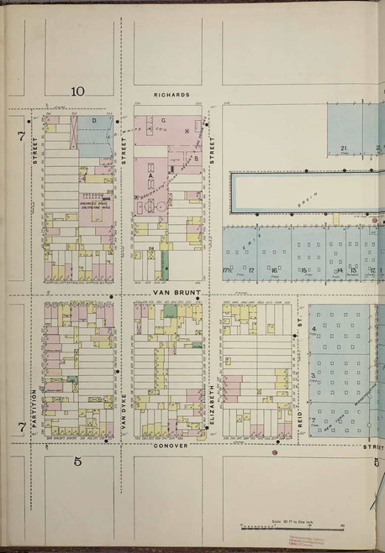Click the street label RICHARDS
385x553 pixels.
171,96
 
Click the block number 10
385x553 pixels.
78,91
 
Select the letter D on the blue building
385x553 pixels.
94,123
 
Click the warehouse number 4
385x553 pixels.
314,329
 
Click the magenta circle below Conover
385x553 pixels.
274,453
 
